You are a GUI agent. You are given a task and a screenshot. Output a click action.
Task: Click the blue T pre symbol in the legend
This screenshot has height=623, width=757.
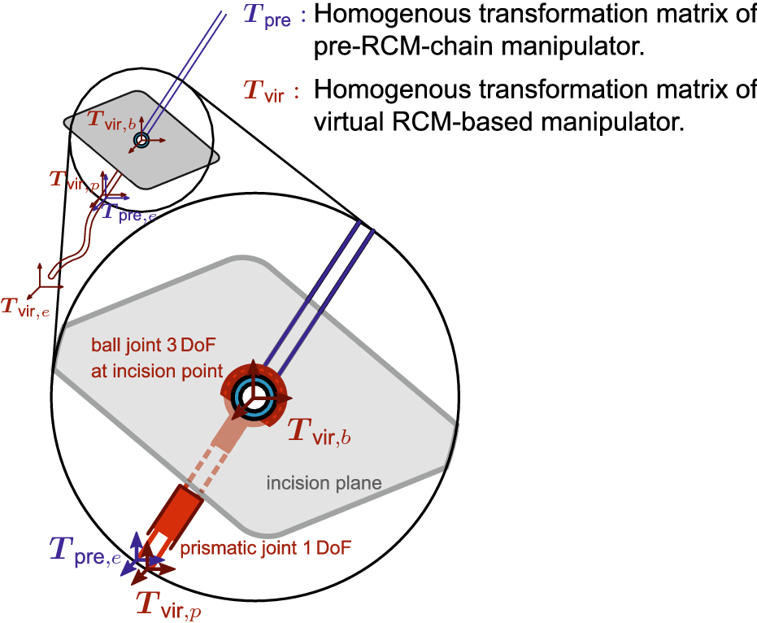[266, 15]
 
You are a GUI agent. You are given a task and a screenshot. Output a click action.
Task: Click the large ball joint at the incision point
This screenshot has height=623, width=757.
[255, 395]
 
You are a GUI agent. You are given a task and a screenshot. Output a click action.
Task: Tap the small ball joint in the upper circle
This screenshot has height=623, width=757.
[141, 141]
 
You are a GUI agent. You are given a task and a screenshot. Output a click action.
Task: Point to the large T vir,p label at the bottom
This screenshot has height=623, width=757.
[167, 603]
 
